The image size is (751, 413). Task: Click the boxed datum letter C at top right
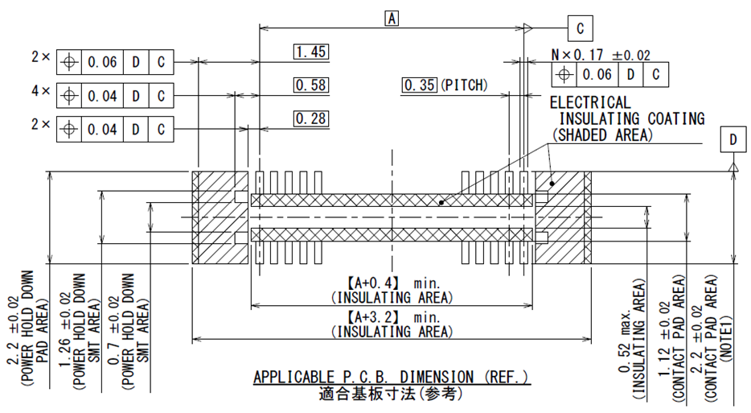click(580, 28)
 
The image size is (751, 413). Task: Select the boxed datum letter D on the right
click(733, 140)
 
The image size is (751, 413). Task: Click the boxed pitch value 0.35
click(420, 85)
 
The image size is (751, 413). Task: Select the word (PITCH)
click(463, 85)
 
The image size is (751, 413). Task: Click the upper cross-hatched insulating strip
click(392, 200)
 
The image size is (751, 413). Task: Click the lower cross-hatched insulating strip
click(392, 235)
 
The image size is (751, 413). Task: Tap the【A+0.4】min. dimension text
click(392, 283)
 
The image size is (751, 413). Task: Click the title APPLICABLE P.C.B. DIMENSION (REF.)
click(392, 378)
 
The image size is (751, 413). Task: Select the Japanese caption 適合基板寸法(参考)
click(392, 394)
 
